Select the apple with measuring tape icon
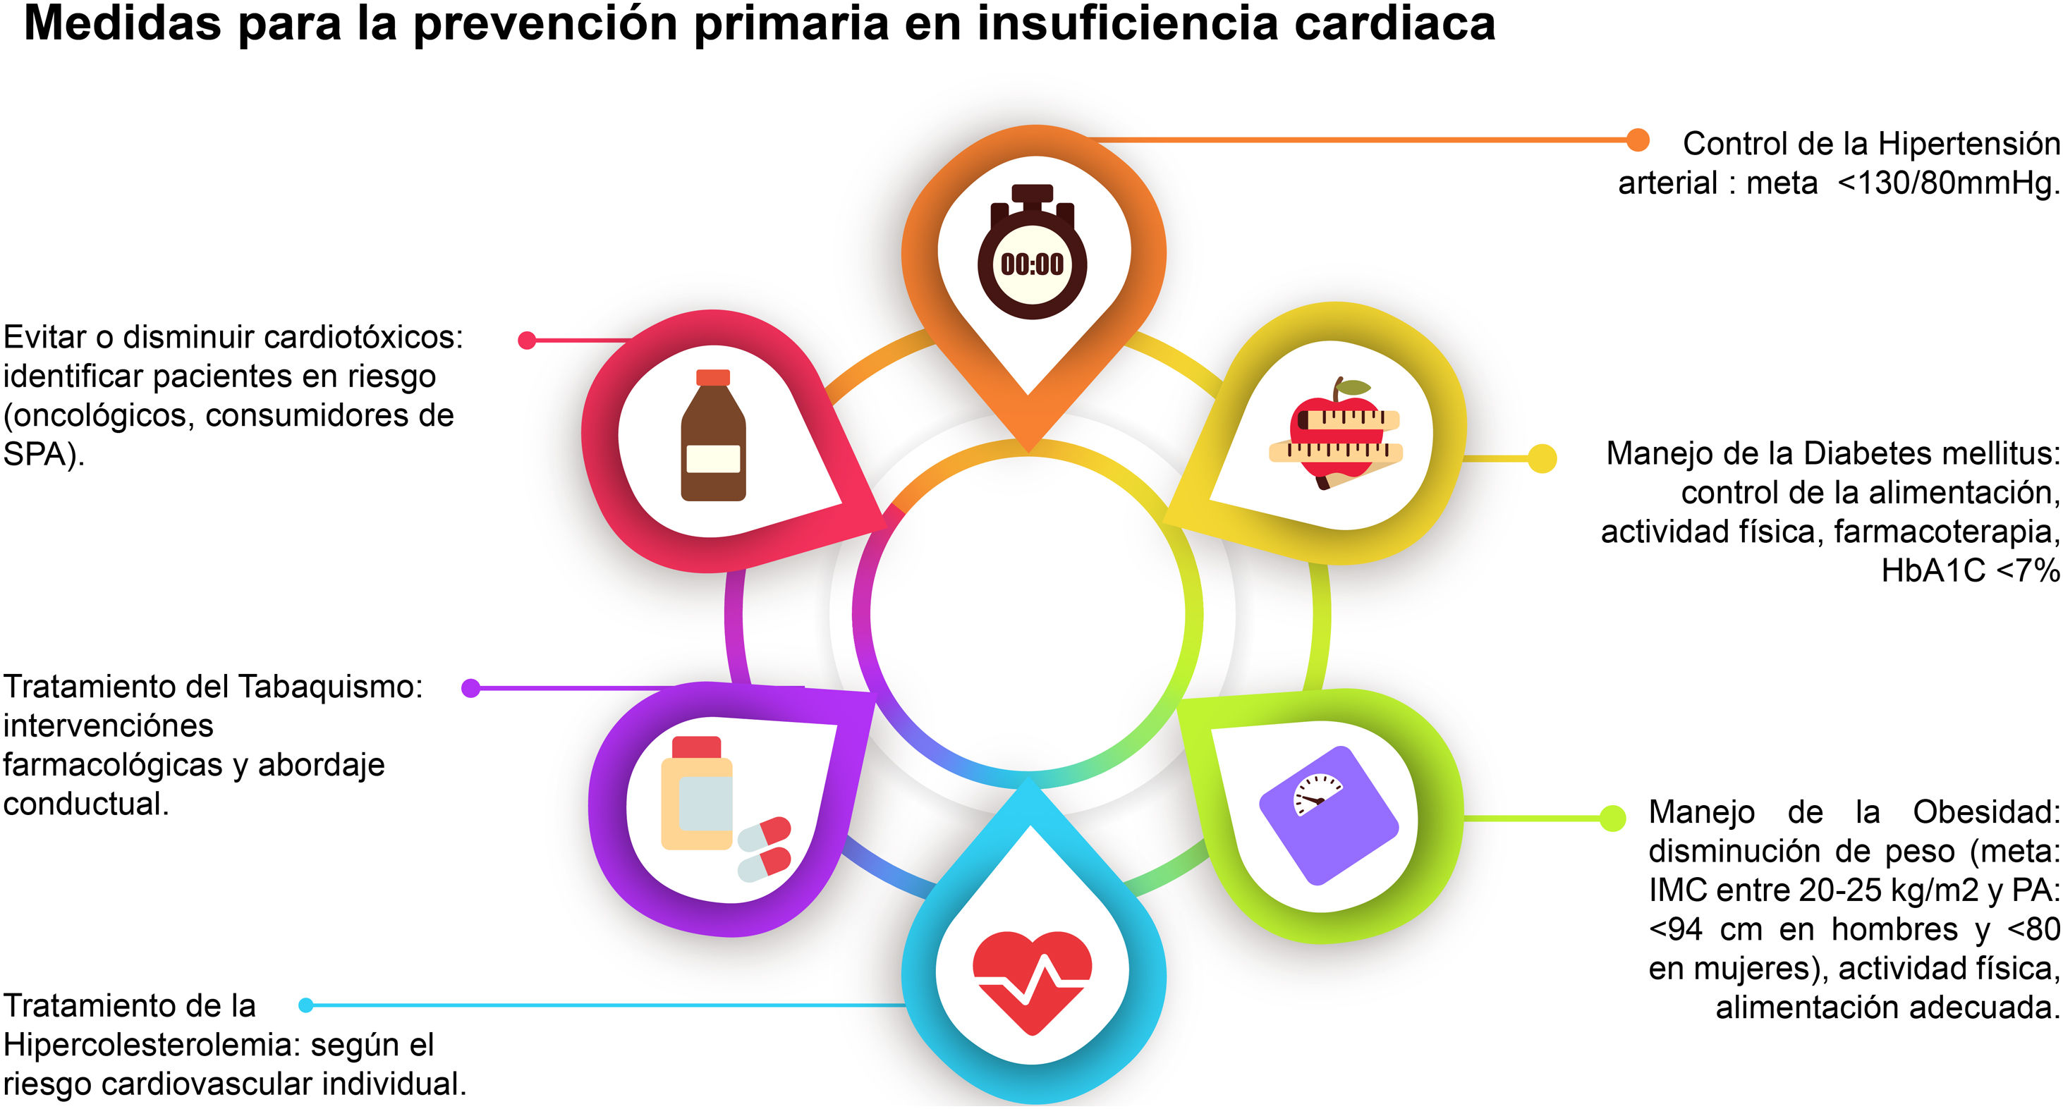coord(1336,433)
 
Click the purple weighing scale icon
coord(1329,816)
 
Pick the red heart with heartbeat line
coord(1031,979)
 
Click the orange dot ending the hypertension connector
coord(1638,140)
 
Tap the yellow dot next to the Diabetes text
coord(1542,459)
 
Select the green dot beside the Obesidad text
coord(1612,818)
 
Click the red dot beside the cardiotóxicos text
coord(527,341)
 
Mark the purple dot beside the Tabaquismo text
coord(471,688)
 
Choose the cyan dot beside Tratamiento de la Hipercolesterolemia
coord(306,1005)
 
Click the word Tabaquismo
coord(330,687)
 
